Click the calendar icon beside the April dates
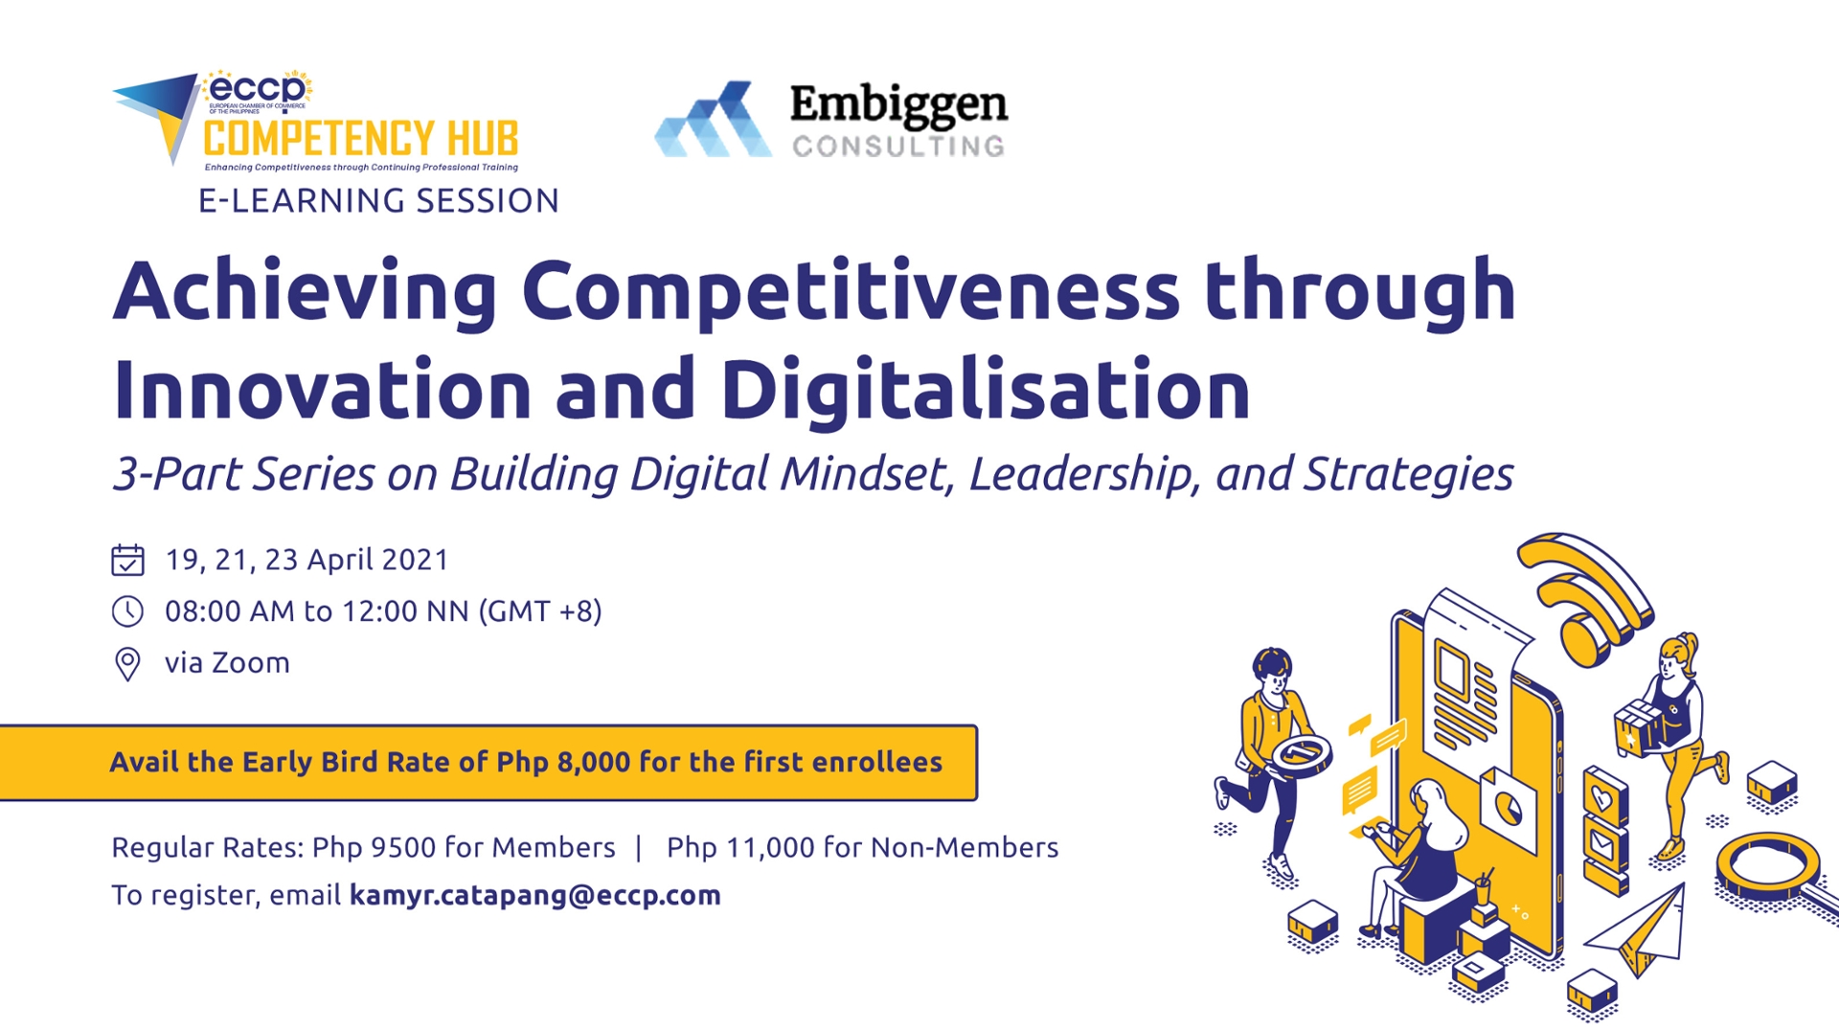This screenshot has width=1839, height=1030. (127, 560)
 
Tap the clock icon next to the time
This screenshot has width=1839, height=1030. (127, 611)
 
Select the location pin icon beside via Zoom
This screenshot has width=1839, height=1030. (127, 663)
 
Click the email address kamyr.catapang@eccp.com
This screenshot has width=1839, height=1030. (534, 896)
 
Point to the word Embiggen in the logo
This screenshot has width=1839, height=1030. (897, 105)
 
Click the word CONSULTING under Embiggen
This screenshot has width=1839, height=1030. (897, 147)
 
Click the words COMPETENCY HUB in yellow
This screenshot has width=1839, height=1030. (360, 139)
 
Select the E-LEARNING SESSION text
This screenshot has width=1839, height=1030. (378, 201)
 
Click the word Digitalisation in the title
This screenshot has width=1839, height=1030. (987, 391)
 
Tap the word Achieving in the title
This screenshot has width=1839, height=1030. (305, 291)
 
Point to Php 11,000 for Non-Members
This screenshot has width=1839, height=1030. (862, 848)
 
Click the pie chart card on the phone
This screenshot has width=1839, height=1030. (1507, 805)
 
